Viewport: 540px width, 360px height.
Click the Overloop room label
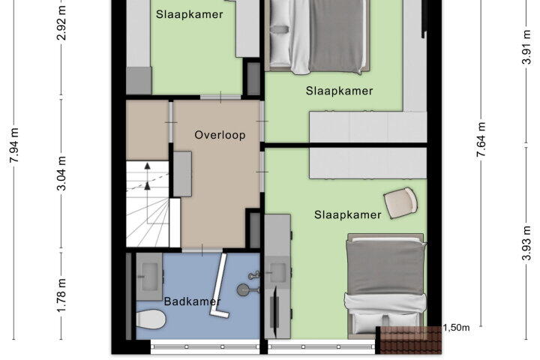pos(220,135)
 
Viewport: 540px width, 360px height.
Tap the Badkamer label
pos(192,301)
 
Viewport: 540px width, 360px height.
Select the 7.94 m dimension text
pos(14,145)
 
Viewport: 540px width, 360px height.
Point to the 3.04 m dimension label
pos(61,173)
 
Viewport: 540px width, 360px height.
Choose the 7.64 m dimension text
pos(481,139)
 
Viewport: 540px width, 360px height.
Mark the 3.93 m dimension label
pos(526,243)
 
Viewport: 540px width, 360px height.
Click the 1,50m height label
pos(456,328)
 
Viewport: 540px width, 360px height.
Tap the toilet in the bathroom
pos(151,319)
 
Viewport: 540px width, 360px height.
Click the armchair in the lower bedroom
pos(400,203)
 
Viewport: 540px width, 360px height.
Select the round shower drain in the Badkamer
pos(244,289)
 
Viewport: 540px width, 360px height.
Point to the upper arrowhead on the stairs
pos(148,166)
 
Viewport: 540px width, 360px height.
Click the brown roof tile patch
pos(410,340)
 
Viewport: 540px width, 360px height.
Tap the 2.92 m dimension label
pos(61,22)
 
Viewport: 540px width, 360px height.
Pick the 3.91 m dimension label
pos(526,46)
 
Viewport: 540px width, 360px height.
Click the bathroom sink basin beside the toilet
pos(150,272)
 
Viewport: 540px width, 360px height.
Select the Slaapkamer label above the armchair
pos(347,215)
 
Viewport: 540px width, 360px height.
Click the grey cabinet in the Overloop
pos(182,174)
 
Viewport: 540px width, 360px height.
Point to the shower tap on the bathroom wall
pos(254,275)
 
